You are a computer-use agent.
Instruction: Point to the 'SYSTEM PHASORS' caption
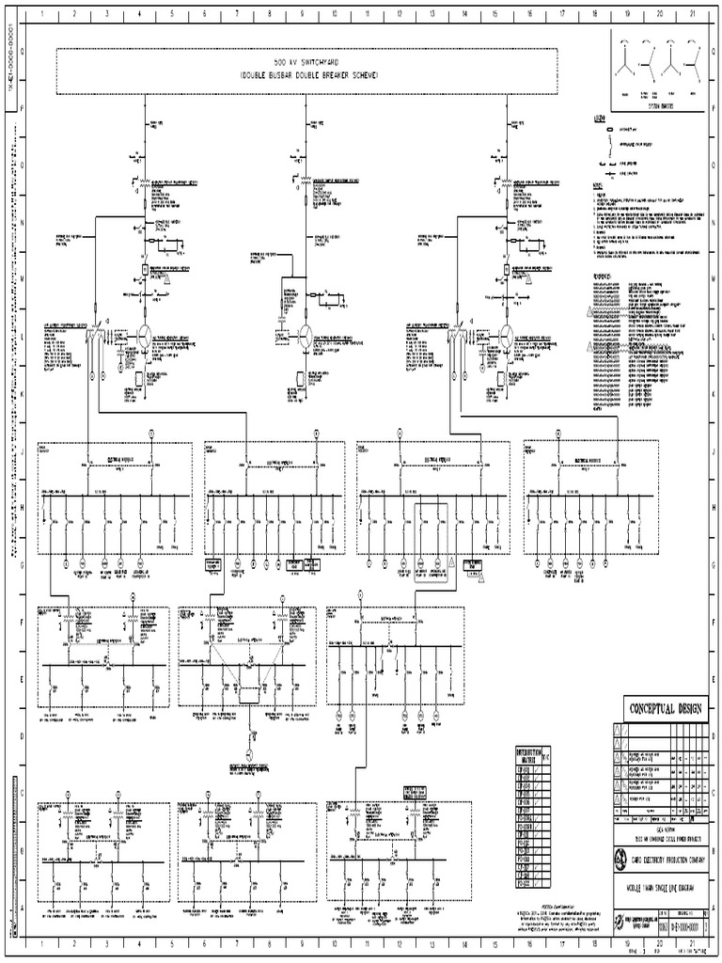[x=658, y=108]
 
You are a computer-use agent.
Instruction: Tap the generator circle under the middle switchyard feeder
[x=306, y=336]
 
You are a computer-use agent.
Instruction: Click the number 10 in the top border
[x=335, y=15]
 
